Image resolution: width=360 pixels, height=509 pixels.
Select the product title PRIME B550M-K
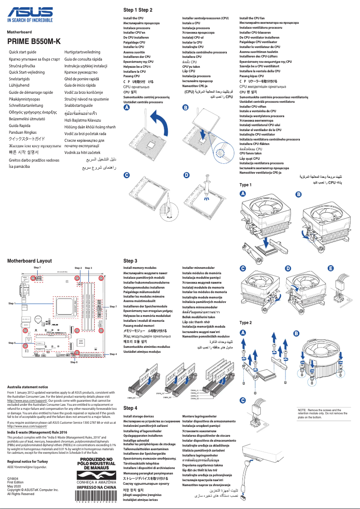[x=34, y=41]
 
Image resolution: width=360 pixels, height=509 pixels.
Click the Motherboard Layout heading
[x=30, y=260]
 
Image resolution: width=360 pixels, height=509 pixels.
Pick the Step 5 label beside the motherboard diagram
[x=12, y=342]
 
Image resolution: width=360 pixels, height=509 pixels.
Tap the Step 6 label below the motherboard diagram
[x=74, y=362]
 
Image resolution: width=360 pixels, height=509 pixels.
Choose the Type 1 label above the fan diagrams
[x=246, y=185]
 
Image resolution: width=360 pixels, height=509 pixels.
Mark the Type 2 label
[x=246, y=323]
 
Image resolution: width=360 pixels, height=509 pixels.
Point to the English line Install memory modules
[x=140, y=268]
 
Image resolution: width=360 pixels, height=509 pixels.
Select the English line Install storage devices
[x=138, y=417]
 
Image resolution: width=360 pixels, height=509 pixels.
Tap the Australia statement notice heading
[x=28, y=386]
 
